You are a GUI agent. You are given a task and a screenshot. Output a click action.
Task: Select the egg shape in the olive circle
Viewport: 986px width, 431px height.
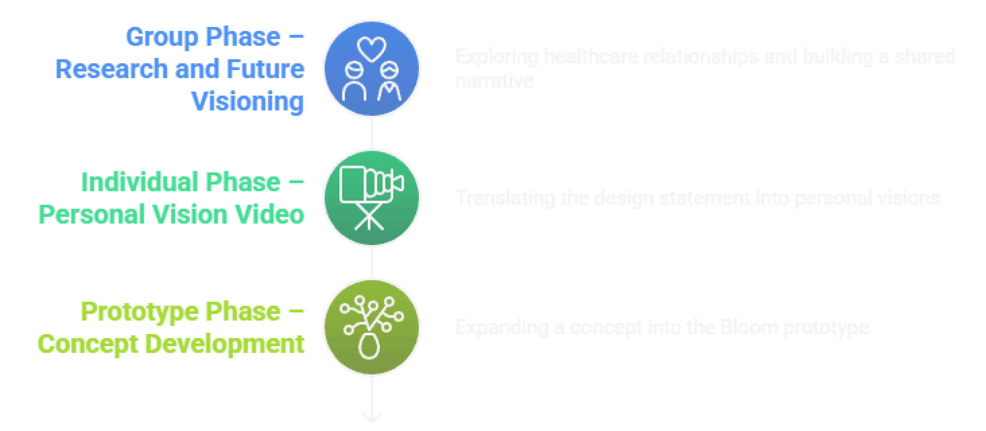click(369, 346)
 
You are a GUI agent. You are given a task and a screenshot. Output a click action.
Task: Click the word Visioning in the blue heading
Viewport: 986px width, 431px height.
click(248, 102)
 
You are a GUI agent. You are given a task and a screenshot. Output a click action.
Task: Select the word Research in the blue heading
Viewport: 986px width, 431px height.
click(111, 69)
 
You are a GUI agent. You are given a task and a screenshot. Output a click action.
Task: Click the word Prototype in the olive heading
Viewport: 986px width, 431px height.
click(139, 312)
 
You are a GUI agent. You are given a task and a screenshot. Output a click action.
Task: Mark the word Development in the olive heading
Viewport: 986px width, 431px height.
click(224, 344)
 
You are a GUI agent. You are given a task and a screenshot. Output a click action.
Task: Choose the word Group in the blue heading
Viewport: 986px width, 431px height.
click(163, 37)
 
